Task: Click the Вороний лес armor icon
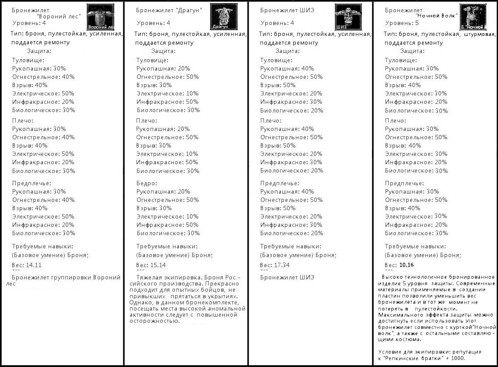[101, 17]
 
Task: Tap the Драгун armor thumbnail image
[224, 17]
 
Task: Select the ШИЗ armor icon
[348, 17]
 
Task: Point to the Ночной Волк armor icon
[474, 17]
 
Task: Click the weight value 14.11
[34, 265]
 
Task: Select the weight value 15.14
[158, 265]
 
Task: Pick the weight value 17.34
[281, 265]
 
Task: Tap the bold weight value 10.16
[407, 265]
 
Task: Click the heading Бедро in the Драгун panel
[147, 183]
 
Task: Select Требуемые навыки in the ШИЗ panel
[291, 247]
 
